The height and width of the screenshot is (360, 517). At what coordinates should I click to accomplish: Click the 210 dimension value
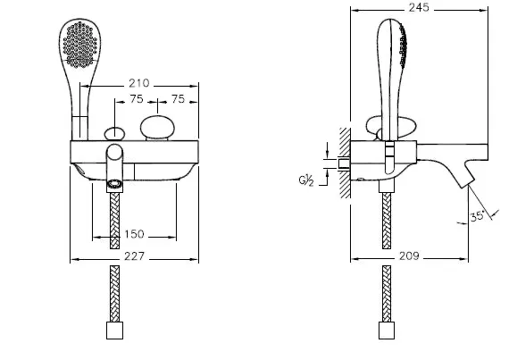pos(138,83)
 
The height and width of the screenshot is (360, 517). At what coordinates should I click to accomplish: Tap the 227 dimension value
pos(134,256)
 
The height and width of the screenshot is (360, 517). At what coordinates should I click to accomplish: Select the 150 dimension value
pos(134,234)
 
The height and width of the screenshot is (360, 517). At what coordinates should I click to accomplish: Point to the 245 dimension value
pos(419,7)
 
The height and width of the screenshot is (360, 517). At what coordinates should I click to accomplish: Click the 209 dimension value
pos(409,255)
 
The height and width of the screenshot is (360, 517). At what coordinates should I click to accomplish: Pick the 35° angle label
pos(477,216)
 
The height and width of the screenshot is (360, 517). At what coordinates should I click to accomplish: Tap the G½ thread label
pos(306,180)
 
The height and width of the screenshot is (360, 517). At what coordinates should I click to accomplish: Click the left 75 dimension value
pos(137,98)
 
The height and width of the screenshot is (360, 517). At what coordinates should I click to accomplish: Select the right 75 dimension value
pos(178,98)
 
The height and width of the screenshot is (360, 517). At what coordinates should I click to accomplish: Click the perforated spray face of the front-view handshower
pos(80,44)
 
